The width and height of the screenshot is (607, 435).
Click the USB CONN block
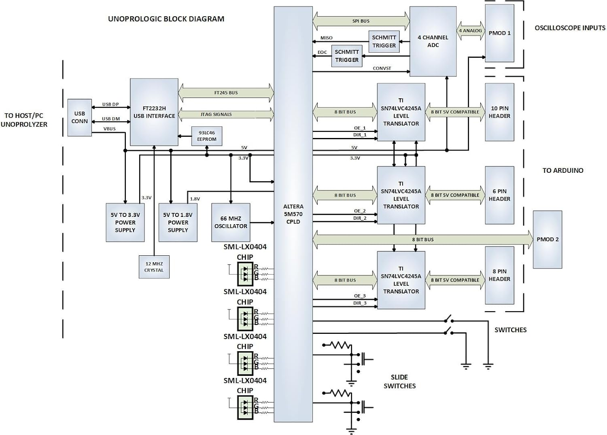click(79, 117)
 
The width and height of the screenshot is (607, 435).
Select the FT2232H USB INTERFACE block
click(154, 112)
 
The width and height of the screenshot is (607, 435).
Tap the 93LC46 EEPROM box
click(206, 136)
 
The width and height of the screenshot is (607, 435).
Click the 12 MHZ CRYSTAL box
click(154, 267)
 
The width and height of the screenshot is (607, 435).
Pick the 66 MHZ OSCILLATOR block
click(231, 222)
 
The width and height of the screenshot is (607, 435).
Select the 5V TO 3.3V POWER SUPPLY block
click(125, 222)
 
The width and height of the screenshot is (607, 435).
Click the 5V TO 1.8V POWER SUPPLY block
click(178, 222)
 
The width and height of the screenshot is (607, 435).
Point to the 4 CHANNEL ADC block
click(433, 41)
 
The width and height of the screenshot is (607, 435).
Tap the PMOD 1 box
click(499, 33)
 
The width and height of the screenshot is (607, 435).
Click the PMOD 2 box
click(547, 240)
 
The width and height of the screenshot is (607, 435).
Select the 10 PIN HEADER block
click(499, 112)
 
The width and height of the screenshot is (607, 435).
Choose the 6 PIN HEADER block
click(499, 195)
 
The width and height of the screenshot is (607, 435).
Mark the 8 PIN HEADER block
click(499, 275)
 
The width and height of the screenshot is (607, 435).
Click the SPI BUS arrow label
click(361, 21)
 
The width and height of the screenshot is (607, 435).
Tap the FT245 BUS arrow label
click(226, 93)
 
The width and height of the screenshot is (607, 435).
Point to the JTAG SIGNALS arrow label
click(216, 115)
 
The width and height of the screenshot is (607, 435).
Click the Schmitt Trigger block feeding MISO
click(384, 41)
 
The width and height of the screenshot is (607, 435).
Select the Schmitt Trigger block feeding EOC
click(346, 56)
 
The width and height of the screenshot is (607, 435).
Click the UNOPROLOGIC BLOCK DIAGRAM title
click(166, 19)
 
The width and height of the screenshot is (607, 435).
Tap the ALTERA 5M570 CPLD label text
click(293, 214)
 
